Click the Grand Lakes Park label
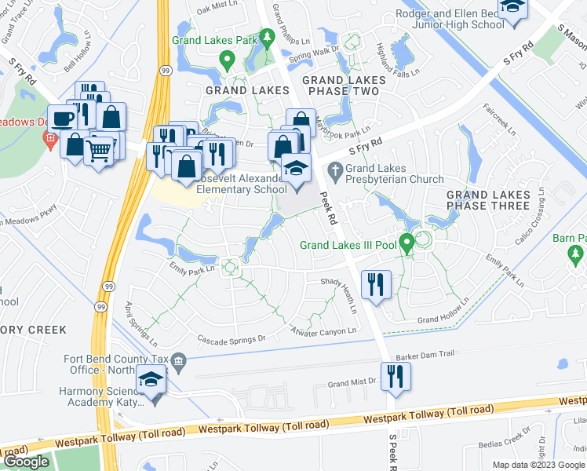coord(215,39)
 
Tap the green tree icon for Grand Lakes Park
coord(267,37)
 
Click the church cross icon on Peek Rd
coord(336,168)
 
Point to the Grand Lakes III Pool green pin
coord(407,242)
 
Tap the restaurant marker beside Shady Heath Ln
coord(376,284)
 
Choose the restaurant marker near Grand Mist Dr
coord(396,376)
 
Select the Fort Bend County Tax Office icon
coord(179,361)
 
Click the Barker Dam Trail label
coord(425,355)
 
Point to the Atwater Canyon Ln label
coord(323,330)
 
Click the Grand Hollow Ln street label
coord(443,318)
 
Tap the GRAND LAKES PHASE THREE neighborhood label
coord(488,200)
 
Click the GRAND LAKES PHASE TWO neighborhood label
coord(345,86)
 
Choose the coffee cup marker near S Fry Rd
coord(63,120)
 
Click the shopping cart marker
coord(100,148)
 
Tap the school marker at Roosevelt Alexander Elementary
coord(297,170)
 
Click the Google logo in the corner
coord(27,462)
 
